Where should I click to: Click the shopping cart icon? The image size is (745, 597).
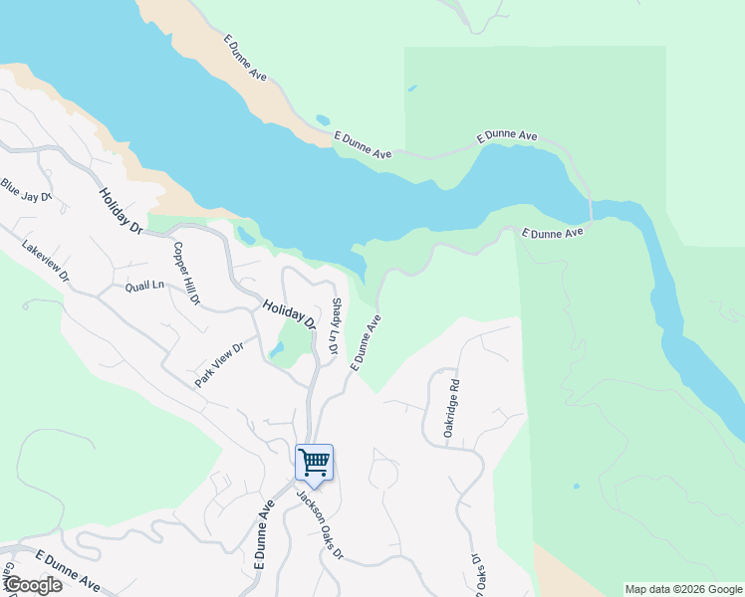pos(314,462)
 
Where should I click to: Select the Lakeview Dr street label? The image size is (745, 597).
pos(46,262)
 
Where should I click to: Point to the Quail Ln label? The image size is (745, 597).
pos(144,287)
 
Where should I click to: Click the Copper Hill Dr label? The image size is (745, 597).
pos(187,273)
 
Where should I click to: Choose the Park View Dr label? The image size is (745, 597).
pos(219,365)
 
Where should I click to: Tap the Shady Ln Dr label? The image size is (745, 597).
pos(336,327)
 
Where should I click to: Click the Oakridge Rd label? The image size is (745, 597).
pos(450,409)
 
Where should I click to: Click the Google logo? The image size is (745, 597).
pos(32,585)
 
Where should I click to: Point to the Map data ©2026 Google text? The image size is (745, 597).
pos(683,589)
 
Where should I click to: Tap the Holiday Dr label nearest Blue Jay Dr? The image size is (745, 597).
pos(122,210)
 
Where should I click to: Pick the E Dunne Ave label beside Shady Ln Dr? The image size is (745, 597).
pos(366,343)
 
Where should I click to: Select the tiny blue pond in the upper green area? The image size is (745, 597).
pos(411,89)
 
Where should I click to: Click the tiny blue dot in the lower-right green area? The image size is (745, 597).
pos(576,487)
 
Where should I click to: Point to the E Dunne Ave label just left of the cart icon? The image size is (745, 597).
pos(264,534)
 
